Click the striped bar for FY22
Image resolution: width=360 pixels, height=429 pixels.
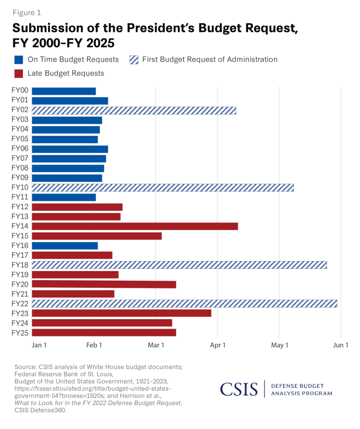pos(184,304)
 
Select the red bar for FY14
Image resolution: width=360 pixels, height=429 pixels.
pos(135,226)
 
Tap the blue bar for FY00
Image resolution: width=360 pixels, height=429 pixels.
pos(64,91)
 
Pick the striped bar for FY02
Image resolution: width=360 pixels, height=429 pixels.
pos(134,111)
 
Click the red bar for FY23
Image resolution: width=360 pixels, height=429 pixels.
pos(121,313)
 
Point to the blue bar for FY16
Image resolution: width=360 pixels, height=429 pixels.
pos(64,246)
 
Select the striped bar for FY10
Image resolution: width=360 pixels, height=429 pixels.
pos(162,188)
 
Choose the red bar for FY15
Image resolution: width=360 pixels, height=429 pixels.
pos(97,236)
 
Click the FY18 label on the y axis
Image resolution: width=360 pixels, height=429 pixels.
pos(20,265)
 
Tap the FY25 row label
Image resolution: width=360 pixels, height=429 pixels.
pos(20,333)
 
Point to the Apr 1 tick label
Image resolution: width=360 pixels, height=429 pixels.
pos(218,346)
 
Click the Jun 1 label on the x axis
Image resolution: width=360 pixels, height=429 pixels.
pos(341,346)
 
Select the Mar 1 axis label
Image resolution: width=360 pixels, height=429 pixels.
pos(156,346)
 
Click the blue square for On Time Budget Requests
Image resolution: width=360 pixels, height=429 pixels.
pos(18,59)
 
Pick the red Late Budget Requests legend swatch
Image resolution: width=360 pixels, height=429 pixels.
pos(18,73)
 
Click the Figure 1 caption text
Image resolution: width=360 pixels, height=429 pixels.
pos(26,13)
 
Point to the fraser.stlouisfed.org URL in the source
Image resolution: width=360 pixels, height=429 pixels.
pos(93,389)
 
